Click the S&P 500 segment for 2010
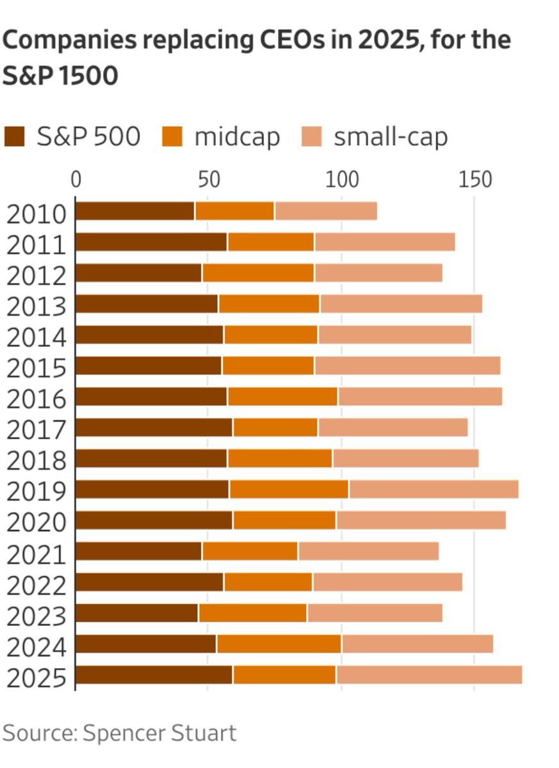[134, 211]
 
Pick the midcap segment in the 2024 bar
[279, 644]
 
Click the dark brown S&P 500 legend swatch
[14, 136]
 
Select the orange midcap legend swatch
[172, 136]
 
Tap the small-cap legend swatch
[312, 136]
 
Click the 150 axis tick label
[475, 180]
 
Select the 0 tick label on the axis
[76, 180]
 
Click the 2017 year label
[36, 430]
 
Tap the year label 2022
[36, 585]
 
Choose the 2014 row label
[36, 338]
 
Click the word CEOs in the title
[292, 40]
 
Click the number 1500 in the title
[88, 76]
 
